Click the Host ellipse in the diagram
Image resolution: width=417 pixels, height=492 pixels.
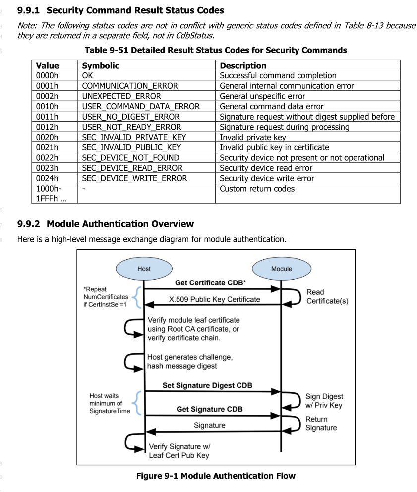tap(144, 269)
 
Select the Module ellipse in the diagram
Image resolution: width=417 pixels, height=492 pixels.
tap(282, 269)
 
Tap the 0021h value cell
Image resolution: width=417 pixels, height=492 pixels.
tap(55, 147)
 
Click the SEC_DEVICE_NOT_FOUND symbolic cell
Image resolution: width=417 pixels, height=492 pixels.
tap(146, 157)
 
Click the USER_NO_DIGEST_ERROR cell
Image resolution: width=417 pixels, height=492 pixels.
tap(146, 117)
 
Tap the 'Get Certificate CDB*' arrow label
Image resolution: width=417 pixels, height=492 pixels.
tap(211, 282)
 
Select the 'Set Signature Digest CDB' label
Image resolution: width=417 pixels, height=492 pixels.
tap(207, 385)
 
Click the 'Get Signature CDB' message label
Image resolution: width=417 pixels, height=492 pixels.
tap(210, 409)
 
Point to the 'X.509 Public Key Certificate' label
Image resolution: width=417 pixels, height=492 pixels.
tap(215, 299)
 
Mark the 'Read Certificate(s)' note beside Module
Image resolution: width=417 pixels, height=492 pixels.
tap(327, 296)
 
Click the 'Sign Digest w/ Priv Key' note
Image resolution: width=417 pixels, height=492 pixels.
tap(324, 401)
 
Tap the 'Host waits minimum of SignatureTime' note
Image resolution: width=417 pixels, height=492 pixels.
tap(110, 403)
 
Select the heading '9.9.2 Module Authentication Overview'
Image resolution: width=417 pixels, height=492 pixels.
tap(106, 224)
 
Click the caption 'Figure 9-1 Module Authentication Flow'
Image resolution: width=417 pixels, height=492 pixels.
tap(216, 476)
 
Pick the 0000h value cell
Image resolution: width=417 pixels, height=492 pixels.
tap(55, 75)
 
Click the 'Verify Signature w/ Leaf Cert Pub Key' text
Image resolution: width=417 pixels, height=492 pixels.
tap(179, 451)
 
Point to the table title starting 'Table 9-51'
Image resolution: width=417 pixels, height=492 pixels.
tap(216, 50)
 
